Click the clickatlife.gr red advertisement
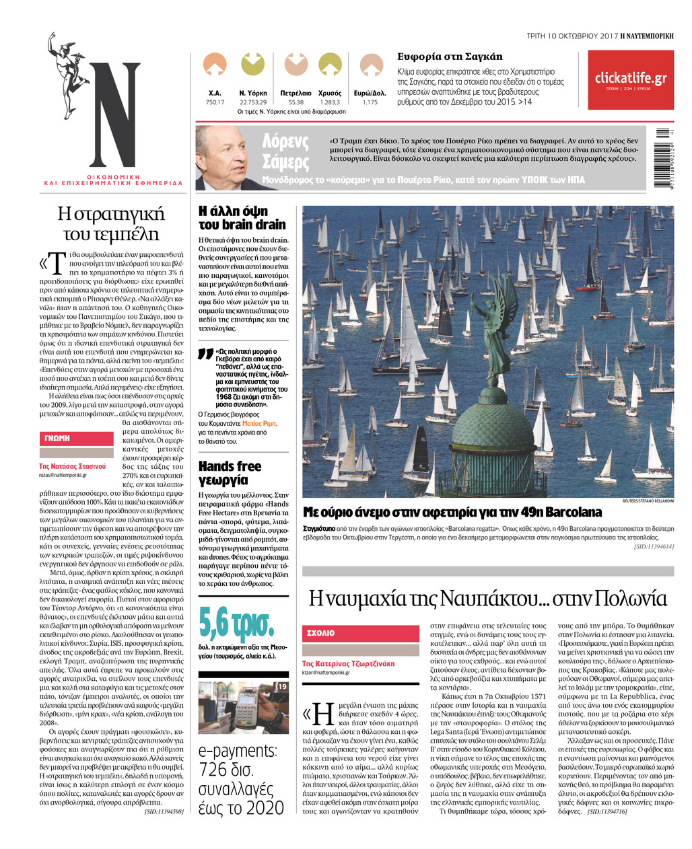pyautogui.click(x=630, y=80)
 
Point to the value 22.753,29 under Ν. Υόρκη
pyautogui.click(x=252, y=102)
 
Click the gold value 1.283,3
pyautogui.click(x=330, y=102)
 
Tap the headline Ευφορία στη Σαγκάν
pyautogui.click(x=450, y=57)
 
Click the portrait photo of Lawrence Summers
pyautogui.click(x=223, y=158)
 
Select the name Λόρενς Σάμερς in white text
pyautogui.click(x=285, y=151)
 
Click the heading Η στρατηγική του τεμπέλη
pyautogui.click(x=111, y=223)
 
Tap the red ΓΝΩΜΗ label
pyautogui.click(x=76, y=438)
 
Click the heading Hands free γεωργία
pyautogui.click(x=230, y=473)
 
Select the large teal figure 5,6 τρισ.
pyautogui.click(x=237, y=624)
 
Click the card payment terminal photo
pyautogui.click(x=243, y=708)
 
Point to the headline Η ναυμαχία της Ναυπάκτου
pyautogui.click(x=487, y=597)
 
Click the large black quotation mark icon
pyautogui.click(x=206, y=355)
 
